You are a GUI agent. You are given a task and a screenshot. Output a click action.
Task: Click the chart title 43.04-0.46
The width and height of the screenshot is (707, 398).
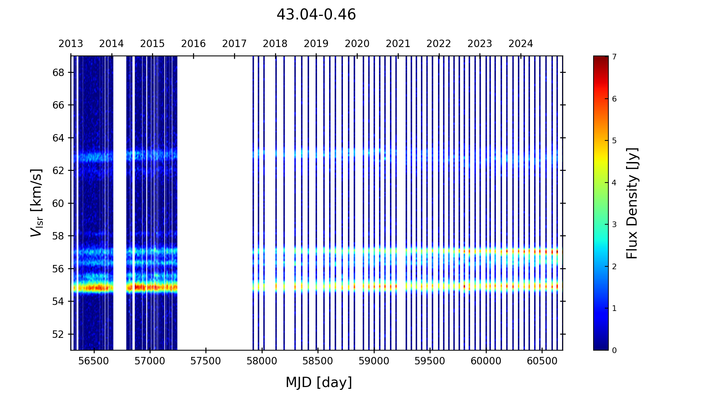point(316,15)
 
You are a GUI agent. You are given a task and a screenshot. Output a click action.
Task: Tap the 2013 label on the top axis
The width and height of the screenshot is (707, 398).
point(71,44)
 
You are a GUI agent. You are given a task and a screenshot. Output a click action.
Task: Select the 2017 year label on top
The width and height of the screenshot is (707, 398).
point(234,44)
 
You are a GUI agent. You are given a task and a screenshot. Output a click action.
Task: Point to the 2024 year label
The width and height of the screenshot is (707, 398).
point(521,44)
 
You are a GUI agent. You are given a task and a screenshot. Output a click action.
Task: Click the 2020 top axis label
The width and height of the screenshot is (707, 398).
point(357,44)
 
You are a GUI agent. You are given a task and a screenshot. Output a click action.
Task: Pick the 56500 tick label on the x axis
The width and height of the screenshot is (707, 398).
point(94,361)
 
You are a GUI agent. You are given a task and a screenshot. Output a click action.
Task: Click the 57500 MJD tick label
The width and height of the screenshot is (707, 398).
point(206,361)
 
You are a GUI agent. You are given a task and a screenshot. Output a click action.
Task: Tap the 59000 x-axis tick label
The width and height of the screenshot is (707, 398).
point(374,361)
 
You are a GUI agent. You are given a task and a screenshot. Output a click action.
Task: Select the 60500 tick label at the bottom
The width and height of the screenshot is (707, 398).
point(542,361)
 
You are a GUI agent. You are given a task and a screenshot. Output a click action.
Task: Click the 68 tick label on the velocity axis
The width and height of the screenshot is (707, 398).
point(58,73)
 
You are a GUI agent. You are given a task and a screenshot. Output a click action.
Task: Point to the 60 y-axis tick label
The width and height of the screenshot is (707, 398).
point(58,203)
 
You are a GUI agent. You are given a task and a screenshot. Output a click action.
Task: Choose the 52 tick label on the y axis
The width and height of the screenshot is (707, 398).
point(58,334)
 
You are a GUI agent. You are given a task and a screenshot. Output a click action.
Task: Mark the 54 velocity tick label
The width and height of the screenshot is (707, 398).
point(58,301)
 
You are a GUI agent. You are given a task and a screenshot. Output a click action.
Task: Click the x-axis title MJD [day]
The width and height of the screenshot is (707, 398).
point(319,382)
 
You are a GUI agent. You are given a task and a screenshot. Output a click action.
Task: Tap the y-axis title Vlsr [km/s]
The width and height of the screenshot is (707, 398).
point(36,203)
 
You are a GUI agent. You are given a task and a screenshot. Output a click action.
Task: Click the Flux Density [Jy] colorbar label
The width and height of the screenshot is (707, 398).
point(632,203)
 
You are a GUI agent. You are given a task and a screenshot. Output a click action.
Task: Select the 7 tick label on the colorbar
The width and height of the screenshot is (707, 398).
point(614,57)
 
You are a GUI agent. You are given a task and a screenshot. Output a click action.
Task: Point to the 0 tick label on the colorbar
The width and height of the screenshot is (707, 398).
point(614,351)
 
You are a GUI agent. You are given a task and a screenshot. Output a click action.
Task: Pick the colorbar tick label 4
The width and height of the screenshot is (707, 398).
point(614,183)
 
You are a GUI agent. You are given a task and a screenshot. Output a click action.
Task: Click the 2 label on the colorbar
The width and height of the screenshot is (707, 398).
point(614,267)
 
